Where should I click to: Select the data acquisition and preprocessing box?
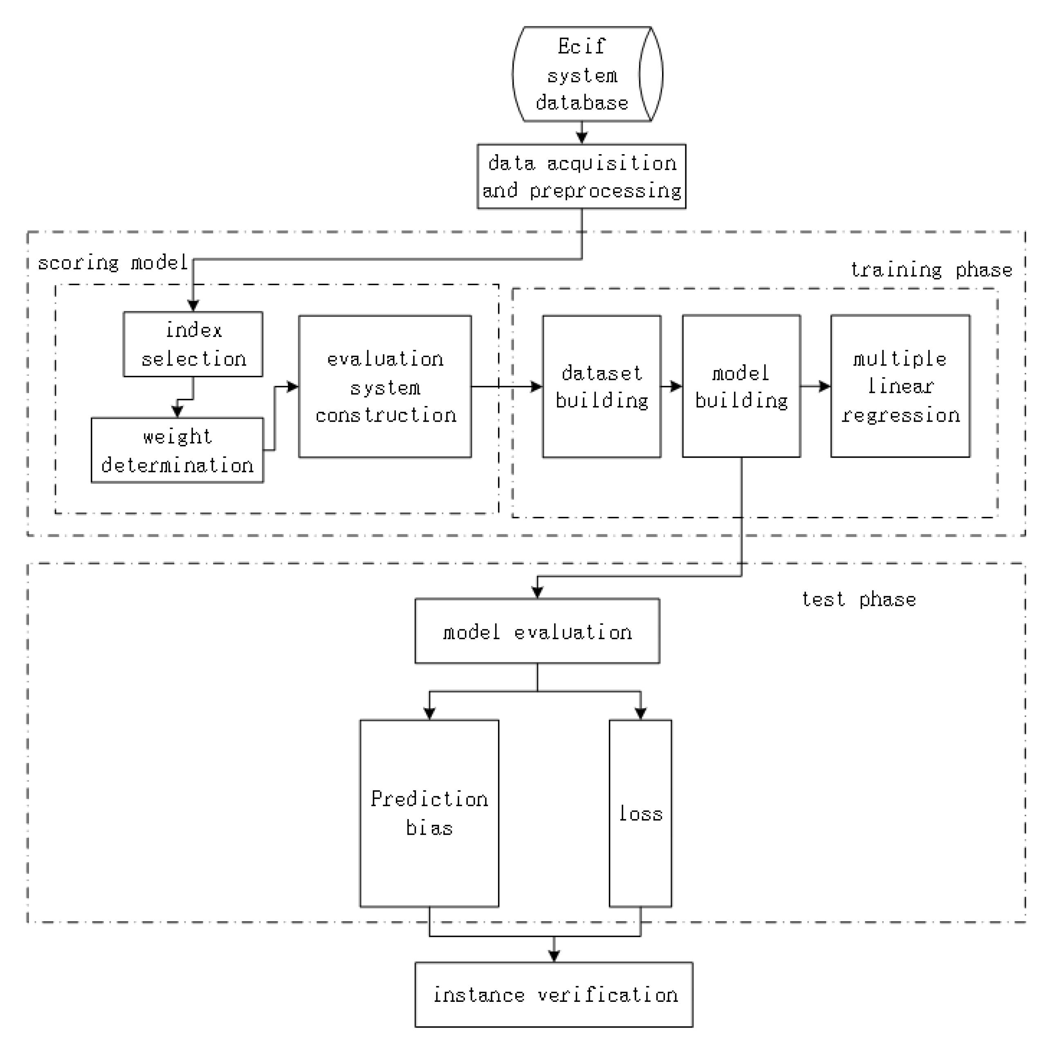click(581, 176)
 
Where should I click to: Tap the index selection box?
click(193, 344)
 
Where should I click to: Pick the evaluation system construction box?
click(384, 386)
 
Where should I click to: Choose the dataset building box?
click(602, 386)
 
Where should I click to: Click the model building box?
click(741, 386)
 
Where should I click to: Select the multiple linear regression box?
click(900, 386)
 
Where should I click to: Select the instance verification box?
click(554, 994)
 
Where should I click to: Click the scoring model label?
click(112, 263)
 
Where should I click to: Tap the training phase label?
click(931, 270)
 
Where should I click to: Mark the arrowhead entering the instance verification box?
click(554, 956)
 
